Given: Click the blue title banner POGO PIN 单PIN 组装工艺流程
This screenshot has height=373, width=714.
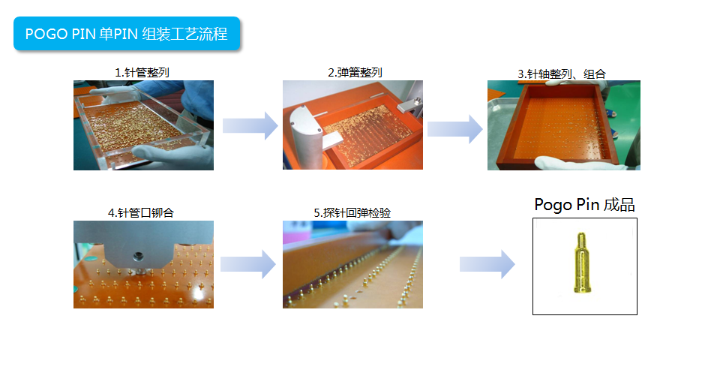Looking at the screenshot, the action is coord(127,33).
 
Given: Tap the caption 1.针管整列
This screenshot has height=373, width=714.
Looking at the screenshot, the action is coord(142,72).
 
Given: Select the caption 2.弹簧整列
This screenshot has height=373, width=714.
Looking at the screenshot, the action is coord(355,72).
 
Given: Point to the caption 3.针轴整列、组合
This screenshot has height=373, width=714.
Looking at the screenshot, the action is coord(562,74).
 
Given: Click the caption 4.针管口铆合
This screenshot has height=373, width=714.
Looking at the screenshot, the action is coord(141,212).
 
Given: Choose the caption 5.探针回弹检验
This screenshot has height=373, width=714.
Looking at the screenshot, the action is coord(352,212).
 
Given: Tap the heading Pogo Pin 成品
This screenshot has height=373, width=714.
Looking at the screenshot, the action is coord(585,205).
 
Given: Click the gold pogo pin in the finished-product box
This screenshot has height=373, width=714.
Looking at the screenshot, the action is coord(580,263).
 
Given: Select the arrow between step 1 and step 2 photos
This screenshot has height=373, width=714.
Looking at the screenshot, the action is coord(250,125).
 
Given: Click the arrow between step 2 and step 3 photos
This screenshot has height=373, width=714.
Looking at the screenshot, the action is coord(455,129).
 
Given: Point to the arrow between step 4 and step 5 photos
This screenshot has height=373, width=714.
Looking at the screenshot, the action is coord(247,264).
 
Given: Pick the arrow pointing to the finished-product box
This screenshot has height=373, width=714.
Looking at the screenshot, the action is coord(487,264).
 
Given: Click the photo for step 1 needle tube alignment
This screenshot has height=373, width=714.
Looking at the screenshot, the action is coord(143,125).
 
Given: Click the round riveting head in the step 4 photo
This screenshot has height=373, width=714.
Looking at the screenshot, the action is coord(138,257).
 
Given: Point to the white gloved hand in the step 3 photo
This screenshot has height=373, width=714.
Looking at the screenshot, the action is coord(574,163).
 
